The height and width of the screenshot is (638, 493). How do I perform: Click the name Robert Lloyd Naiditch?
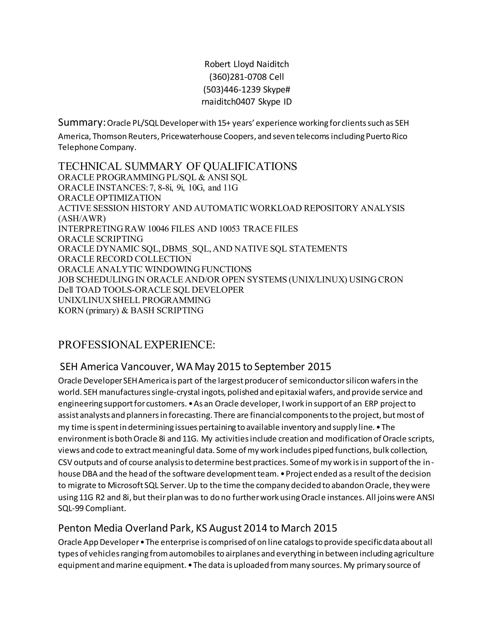(246, 64)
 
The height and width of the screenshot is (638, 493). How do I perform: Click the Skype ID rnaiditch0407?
(228, 102)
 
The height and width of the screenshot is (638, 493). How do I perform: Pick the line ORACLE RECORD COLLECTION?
(125, 259)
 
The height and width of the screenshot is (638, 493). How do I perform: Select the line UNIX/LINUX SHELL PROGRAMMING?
(134, 300)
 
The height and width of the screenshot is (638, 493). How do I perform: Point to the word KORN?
(71, 310)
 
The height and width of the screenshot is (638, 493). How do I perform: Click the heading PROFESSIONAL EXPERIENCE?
(137, 345)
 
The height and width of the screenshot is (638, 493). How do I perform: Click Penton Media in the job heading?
(91, 528)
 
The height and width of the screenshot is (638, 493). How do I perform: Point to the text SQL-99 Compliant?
(92, 508)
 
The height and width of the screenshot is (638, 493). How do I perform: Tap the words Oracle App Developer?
(98, 542)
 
